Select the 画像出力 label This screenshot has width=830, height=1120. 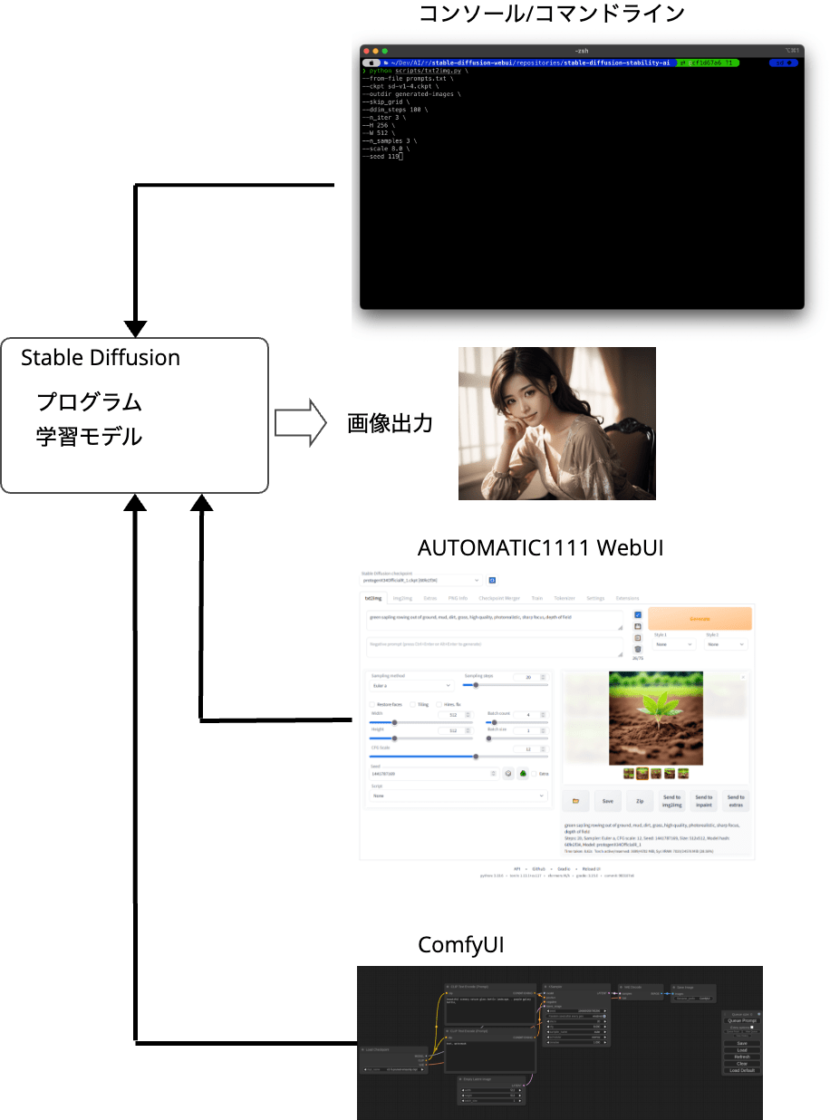tap(390, 423)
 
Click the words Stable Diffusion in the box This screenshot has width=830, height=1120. tap(101, 358)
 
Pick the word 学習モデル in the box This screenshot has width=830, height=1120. tap(89, 437)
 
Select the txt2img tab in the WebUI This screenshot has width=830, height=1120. tap(373, 598)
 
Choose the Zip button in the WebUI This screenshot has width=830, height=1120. tap(640, 801)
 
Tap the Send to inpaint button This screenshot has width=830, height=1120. tap(704, 801)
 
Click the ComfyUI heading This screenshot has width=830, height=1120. tap(460, 945)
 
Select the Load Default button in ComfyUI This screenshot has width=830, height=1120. tap(741, 1070)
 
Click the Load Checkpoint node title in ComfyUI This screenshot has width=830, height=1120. tap(379, 1050)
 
